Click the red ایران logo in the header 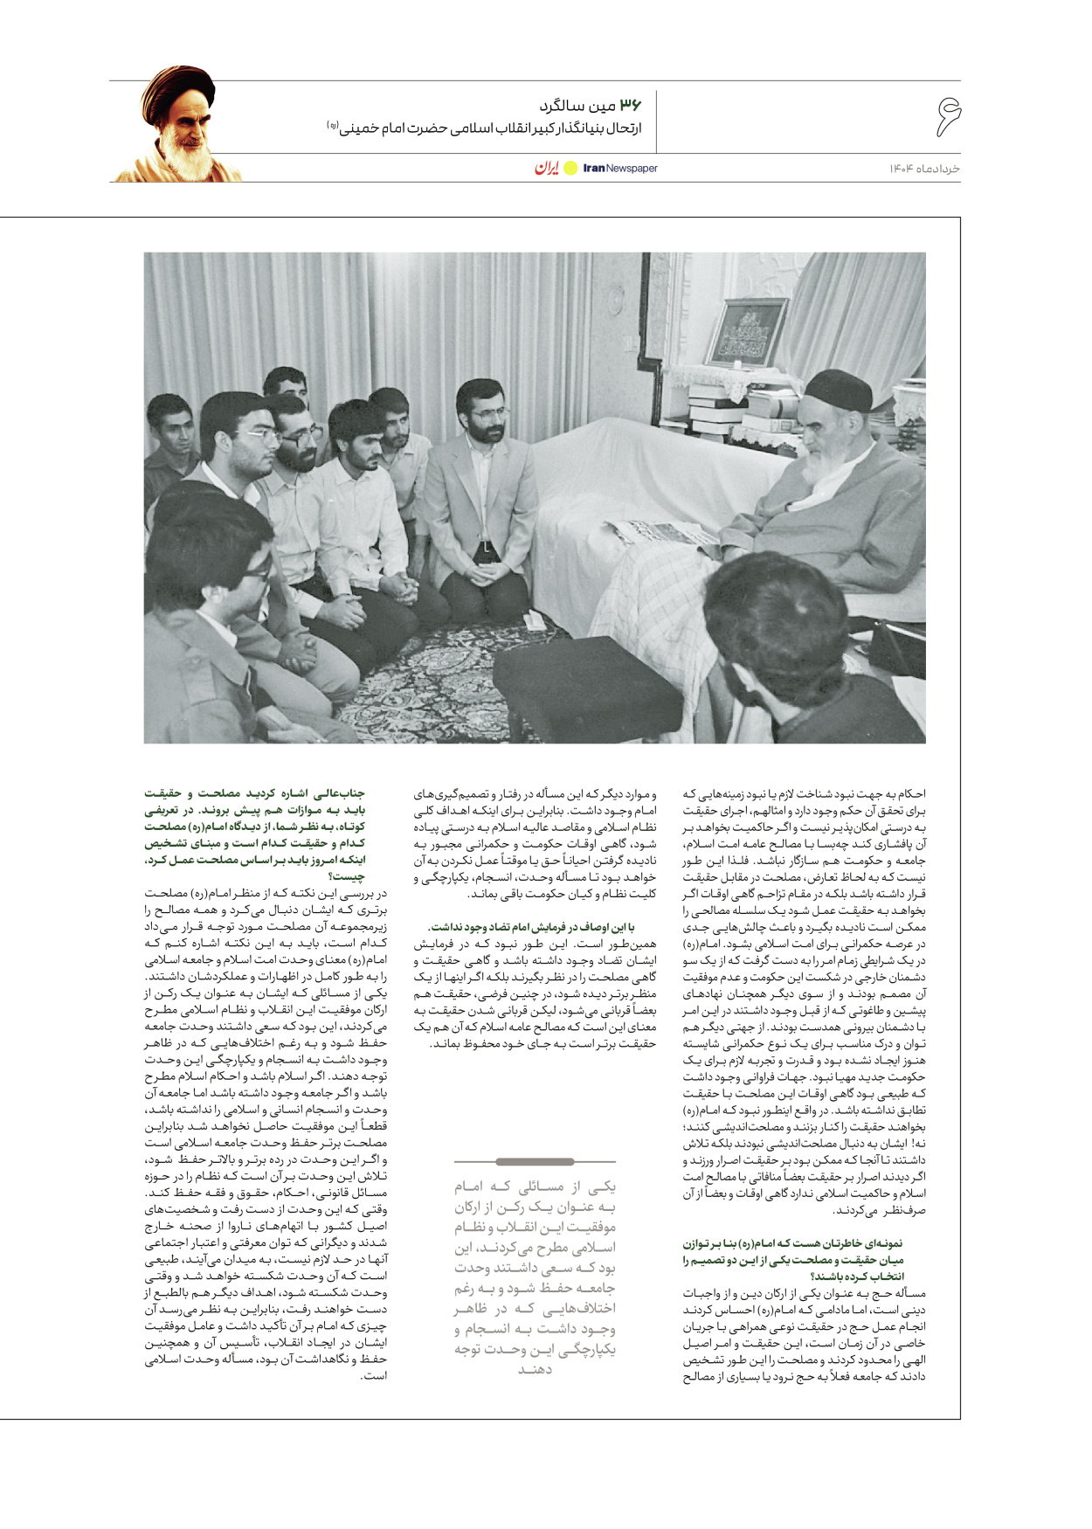[547, 168]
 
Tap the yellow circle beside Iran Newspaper [570, 168]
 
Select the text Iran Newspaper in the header [620, 168]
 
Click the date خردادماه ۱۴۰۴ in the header [925, 168]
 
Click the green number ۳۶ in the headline [630, 106]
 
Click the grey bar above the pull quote [535, 1161]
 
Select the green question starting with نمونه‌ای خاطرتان [792, 1259]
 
